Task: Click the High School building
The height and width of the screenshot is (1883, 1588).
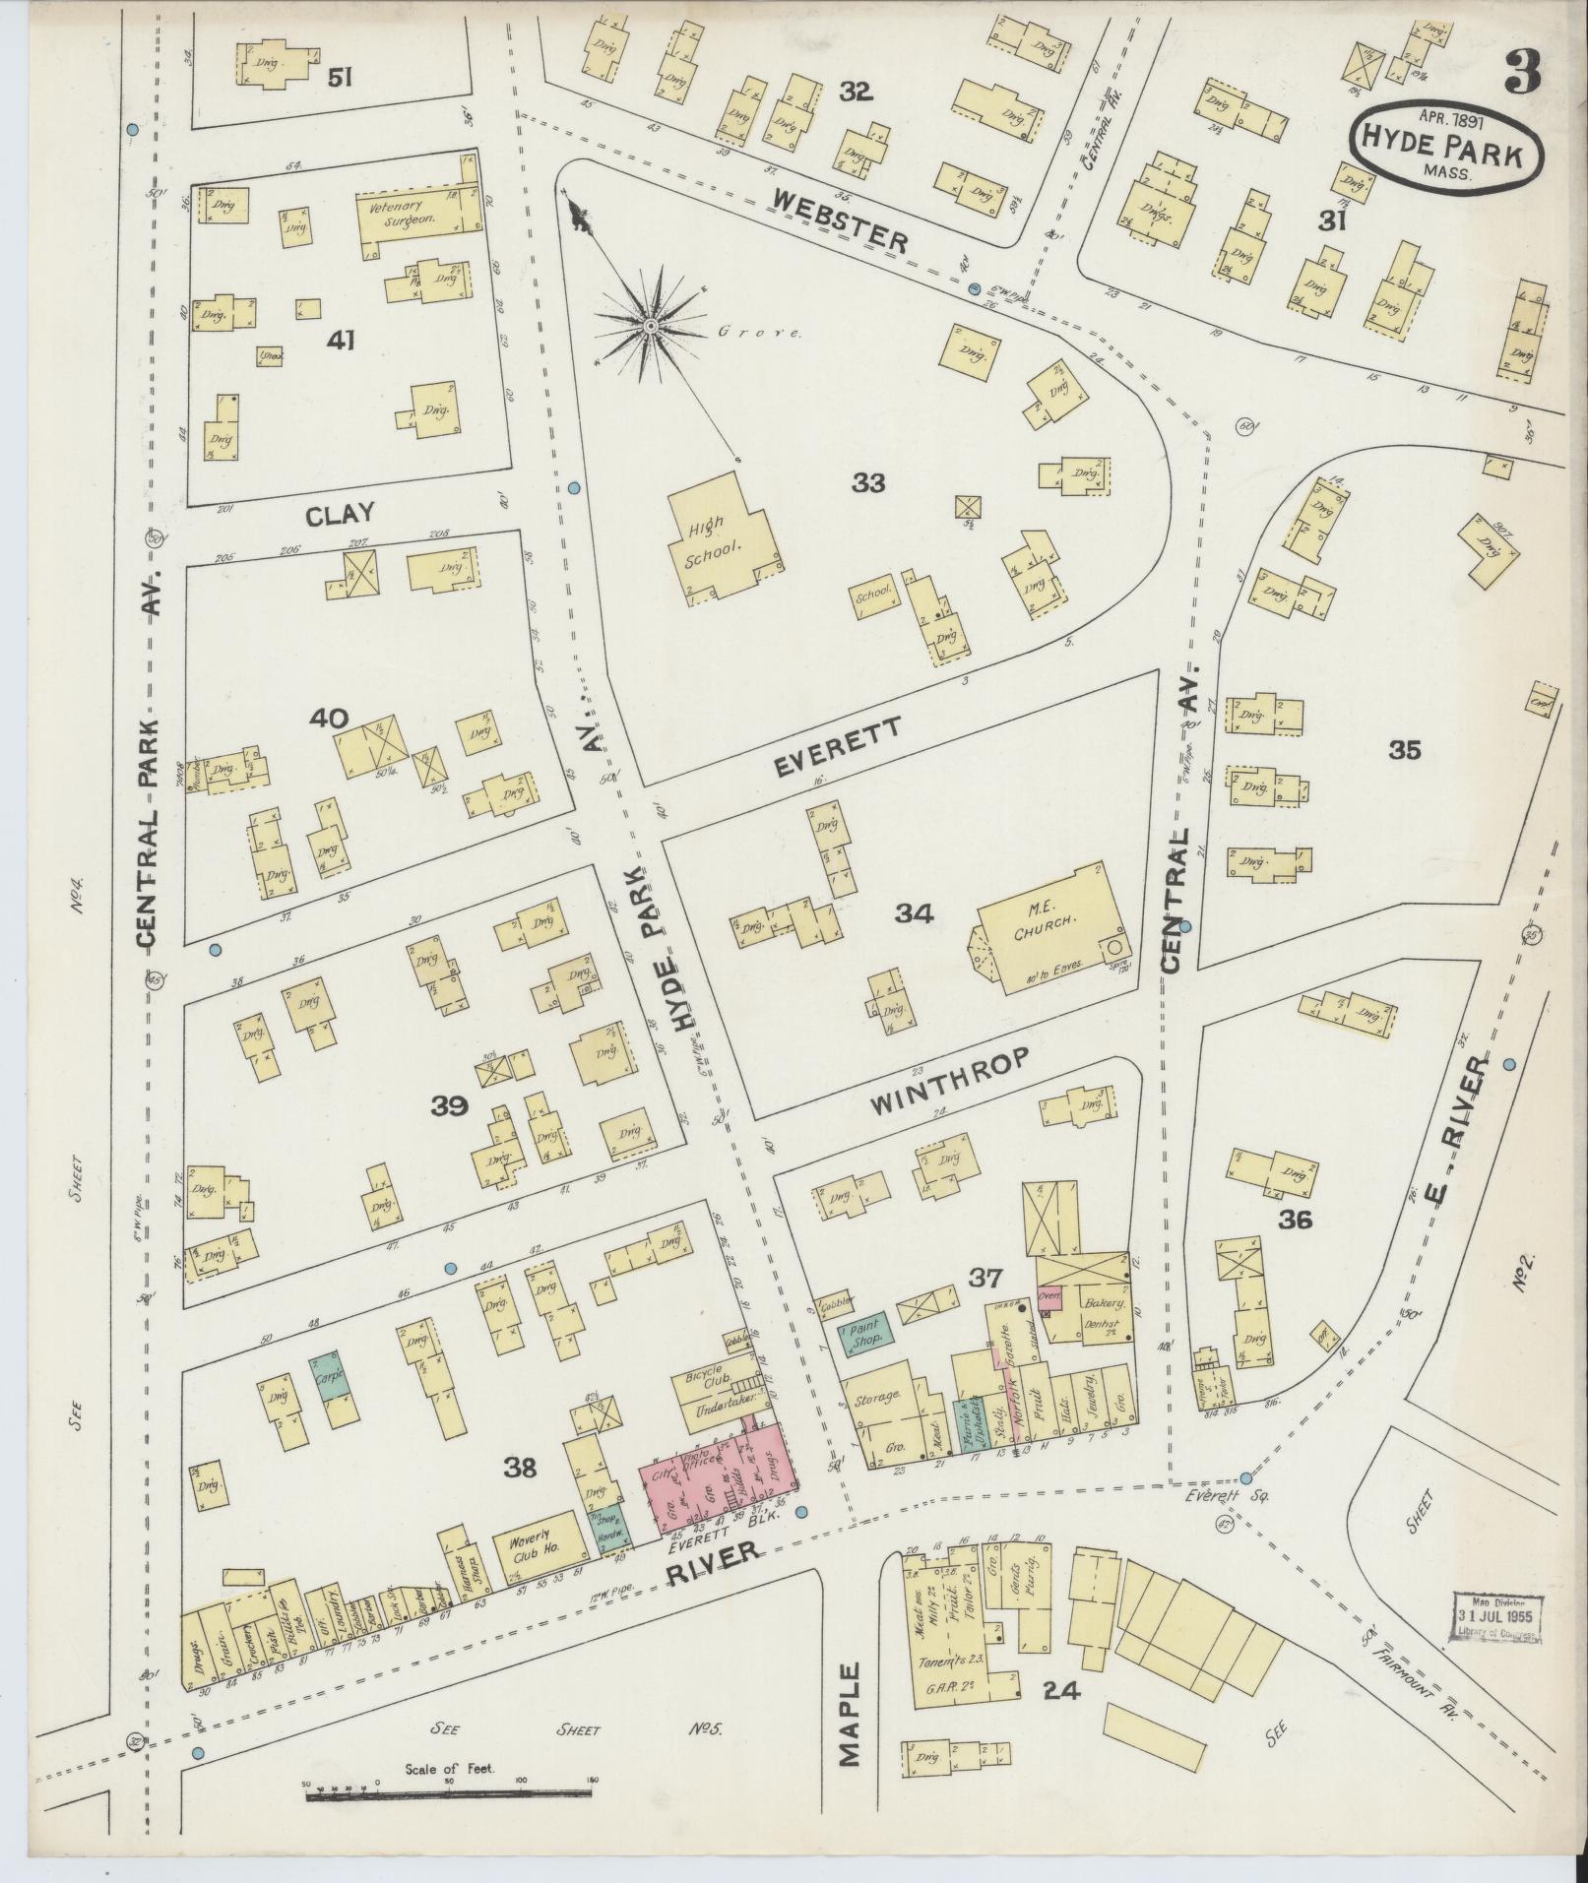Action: (x=722, y=539)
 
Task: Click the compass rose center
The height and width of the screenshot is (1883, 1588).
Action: (x=650, y=325)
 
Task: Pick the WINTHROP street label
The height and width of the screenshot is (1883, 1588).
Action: (x=950, y=1081)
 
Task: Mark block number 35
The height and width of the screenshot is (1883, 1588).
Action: (x=1405, y=750)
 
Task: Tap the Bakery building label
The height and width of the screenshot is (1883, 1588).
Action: (x=1099, y=1302)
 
